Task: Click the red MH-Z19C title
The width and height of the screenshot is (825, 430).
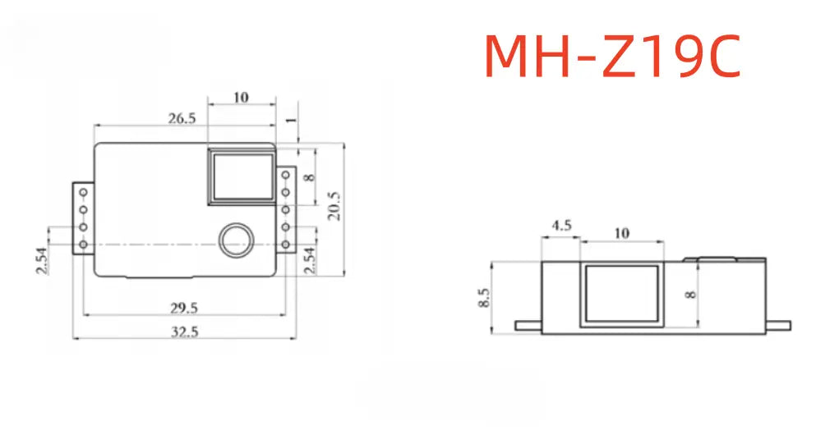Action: (612, 57)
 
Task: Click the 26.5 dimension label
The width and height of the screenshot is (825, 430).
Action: (182, 118)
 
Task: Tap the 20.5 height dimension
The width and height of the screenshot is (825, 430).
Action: (334, 205)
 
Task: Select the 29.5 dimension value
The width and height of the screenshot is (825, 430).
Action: (183, 308)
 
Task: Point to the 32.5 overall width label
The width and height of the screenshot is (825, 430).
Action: (184, 332)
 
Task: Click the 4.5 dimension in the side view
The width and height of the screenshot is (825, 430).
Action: (561, 226)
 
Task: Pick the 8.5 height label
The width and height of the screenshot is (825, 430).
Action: (484, 298)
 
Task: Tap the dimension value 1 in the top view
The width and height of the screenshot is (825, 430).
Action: (291, 121)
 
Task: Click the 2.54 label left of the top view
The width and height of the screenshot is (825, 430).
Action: (42, 261)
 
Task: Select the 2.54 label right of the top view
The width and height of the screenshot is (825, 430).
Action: (311, 261)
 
